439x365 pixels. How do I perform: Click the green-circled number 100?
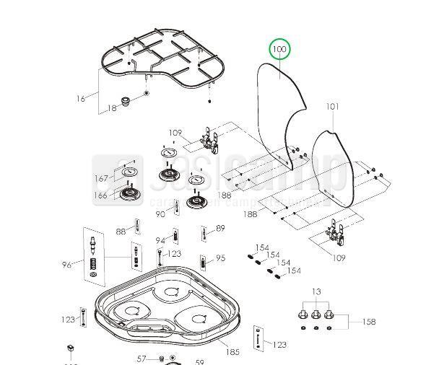tap(279, 50)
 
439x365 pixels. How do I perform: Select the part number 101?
tap(332, 107)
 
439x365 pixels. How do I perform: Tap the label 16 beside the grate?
tap(80, 98)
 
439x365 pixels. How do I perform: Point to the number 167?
tap(101, 178)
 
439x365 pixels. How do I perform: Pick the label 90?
tap(160, 214)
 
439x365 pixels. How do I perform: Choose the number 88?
tap(121, 232)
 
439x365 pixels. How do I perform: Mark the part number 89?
tap(220, 228)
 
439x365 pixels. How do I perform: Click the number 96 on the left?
tap(67, 264)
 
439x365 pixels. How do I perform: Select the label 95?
tap(220, 258)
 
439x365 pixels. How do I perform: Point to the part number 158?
tap(368, 322)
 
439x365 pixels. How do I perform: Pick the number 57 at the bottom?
tap(142, 359)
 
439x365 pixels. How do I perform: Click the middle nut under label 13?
tap(316, 315)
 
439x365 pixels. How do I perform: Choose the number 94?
tap(160, 239)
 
